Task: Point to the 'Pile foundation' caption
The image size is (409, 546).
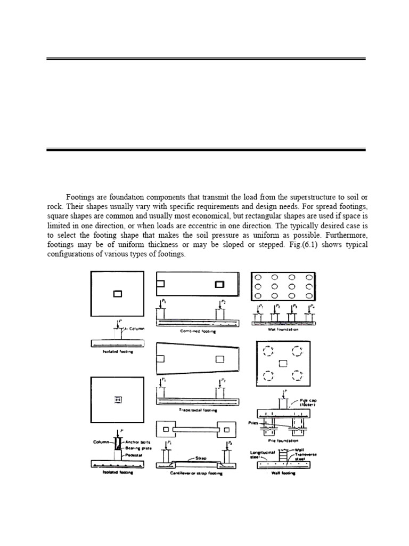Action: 283,440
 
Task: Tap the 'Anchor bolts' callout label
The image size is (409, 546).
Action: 137,441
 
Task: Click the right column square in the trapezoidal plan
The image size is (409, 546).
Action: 219,359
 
